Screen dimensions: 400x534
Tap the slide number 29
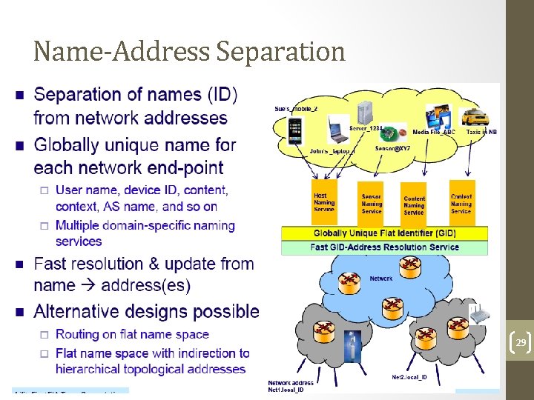(521, 343)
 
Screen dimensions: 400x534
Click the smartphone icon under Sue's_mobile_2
(296, 131)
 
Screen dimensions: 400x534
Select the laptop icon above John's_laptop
(337, 130)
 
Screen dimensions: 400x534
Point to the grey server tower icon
(364, 112)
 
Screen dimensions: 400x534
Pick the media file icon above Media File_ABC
(435, 119)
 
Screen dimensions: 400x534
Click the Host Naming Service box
(325, 202)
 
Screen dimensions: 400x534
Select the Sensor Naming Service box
(371, 203)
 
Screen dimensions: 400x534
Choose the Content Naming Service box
(414, 204)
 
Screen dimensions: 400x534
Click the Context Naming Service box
(461, 203)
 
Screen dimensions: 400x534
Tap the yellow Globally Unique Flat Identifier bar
(384, 233)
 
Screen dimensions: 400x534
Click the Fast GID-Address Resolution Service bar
(384, 247)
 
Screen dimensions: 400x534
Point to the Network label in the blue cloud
(380, 279)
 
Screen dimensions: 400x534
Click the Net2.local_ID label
(409, 377)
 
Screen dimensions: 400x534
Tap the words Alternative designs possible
(147, 311)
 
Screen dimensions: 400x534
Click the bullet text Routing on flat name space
(132, 335)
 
